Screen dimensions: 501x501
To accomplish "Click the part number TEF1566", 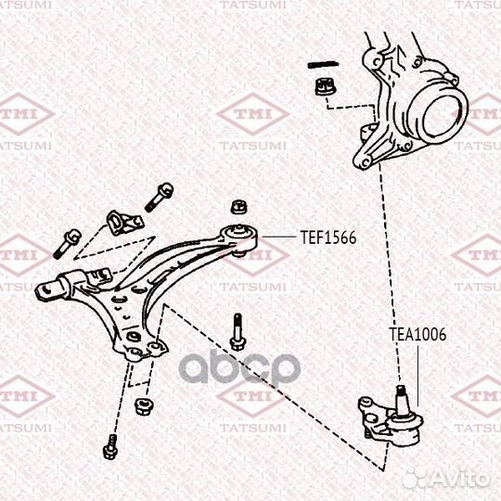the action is pos(328,238).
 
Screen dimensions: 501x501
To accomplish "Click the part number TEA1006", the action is pos(417,335).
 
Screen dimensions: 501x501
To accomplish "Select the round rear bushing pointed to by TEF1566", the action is pos(239,238).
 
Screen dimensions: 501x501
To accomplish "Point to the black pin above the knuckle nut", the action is pos(323,65).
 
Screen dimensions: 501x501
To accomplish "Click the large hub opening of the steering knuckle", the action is pos(443,118).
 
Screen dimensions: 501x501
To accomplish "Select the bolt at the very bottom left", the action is pos(110,446).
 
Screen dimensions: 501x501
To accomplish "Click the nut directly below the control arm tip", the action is pos(144,405).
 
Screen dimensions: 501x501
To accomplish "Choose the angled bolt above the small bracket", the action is pos(160,197).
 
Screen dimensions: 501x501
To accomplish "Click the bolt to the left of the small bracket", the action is pos(67,243).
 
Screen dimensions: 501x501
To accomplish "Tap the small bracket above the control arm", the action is pos(124,223).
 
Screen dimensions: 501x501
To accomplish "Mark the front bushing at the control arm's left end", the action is pos(52,289).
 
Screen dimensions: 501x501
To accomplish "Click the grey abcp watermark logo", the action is pos(239,367).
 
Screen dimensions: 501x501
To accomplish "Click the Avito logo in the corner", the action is pos(447,480).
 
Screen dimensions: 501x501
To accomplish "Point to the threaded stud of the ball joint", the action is pos(402,399).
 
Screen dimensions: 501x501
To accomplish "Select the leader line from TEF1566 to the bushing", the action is pos(279,238).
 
